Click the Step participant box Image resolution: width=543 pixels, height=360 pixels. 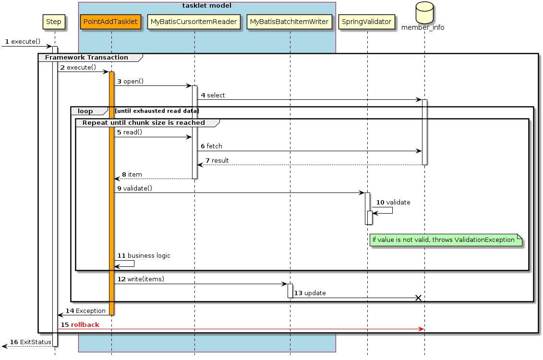54,22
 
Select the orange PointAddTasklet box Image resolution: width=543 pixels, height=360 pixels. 110,22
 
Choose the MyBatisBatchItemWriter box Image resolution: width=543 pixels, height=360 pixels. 290,22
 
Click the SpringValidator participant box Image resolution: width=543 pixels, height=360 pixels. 367,22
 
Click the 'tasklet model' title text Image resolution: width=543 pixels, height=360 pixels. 206,6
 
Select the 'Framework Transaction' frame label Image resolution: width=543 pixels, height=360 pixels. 86,58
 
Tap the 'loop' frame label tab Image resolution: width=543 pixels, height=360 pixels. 85,111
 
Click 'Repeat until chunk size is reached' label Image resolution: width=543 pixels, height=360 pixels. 144,123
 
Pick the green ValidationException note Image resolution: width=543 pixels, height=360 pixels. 446,240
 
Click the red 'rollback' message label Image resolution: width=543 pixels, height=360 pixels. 85,325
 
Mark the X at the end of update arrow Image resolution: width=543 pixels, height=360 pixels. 418,298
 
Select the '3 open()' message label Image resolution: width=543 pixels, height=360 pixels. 131,82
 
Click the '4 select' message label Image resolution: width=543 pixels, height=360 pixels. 213,96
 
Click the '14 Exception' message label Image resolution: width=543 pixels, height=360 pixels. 85,311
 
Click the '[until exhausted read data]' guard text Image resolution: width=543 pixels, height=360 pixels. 157,111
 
